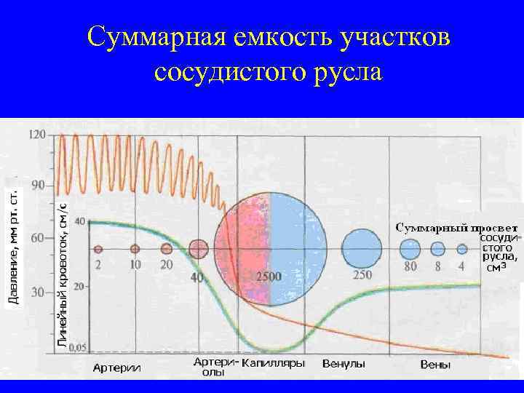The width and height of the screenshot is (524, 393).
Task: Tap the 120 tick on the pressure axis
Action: [x=37, y=135]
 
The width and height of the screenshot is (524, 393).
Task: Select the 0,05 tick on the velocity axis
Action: [x=76, y=347]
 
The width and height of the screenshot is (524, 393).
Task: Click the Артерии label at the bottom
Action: [x=116, y=368]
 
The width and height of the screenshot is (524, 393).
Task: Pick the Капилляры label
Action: [x=272, y=363]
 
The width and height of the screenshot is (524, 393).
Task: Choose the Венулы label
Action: [x=344, y=363]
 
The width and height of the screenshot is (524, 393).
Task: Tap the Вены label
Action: [x=436, y=364]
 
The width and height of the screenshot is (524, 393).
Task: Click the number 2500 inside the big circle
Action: [x=269, y=277]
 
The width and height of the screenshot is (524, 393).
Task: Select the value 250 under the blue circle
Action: [x=362, y=274]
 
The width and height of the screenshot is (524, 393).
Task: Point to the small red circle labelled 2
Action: [x=98, y=250]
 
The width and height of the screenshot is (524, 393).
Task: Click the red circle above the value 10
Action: [x=135, y=249]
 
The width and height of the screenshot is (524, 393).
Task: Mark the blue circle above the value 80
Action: [x=410, y=249]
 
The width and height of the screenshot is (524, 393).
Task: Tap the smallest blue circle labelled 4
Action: [x=462, y=249]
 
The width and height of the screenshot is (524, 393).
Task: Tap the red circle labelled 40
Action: [x=198, y=249]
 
